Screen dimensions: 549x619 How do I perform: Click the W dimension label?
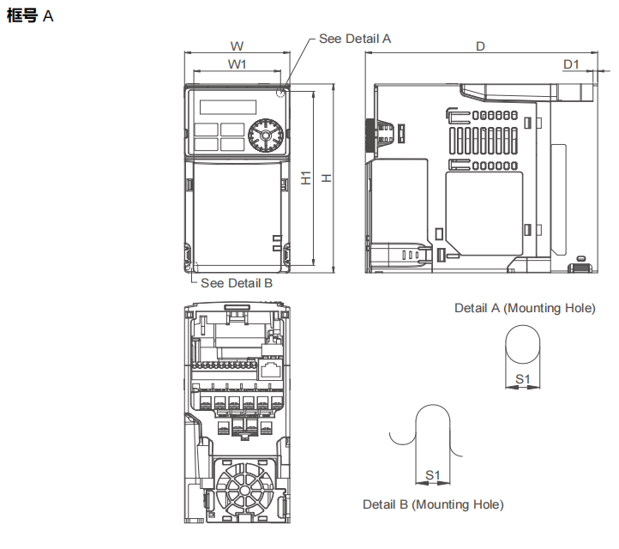237,45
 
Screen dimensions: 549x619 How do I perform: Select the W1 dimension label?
237,64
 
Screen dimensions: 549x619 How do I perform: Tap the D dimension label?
481,45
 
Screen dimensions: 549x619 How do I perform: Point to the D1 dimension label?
571,64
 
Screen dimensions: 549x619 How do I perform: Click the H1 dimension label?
306,178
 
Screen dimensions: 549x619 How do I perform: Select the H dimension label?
326,178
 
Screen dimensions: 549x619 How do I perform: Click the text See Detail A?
354,39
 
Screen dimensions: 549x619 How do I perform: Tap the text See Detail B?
236,283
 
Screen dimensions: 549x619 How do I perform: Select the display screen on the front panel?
227,107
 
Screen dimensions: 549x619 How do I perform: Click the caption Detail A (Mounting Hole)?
524,308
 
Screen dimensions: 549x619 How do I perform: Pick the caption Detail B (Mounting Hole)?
433,504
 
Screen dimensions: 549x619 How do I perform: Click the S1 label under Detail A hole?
522,378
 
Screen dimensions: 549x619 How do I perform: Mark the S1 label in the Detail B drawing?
433,474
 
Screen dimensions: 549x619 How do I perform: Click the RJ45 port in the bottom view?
271,371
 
